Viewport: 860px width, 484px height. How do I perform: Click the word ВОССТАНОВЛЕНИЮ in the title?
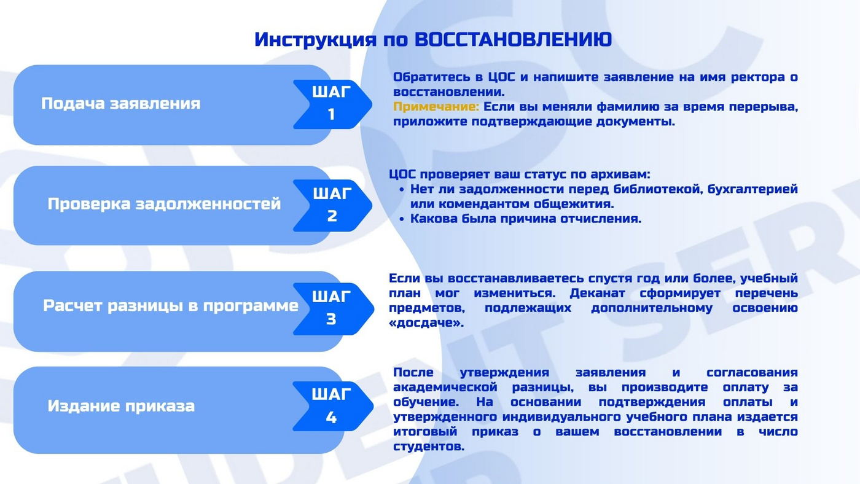[514, 39]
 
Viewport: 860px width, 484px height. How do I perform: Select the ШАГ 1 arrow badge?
[332, 104]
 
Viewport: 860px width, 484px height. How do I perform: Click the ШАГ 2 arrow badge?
[332, 205]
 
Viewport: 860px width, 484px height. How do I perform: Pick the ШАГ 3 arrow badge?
[333, 308]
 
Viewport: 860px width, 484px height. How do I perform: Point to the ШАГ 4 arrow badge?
[333, 406]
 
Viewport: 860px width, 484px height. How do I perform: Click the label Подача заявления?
[121, 104]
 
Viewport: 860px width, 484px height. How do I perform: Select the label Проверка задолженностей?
[165, 204]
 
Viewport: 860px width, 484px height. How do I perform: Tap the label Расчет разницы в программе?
[171, 306]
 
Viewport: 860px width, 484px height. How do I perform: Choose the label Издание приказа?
[121, 406]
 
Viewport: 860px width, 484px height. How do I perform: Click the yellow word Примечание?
[436, 107]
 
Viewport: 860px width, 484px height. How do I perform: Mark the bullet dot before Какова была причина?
[402, 219]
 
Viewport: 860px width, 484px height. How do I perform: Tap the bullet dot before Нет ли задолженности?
[402, 190]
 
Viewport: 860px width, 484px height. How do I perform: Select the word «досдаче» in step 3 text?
[426, 323]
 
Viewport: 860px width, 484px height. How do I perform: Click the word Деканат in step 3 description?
[597, 293]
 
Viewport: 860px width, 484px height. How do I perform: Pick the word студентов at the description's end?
[429, 447]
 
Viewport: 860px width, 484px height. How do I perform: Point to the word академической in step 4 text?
[445, 388]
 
